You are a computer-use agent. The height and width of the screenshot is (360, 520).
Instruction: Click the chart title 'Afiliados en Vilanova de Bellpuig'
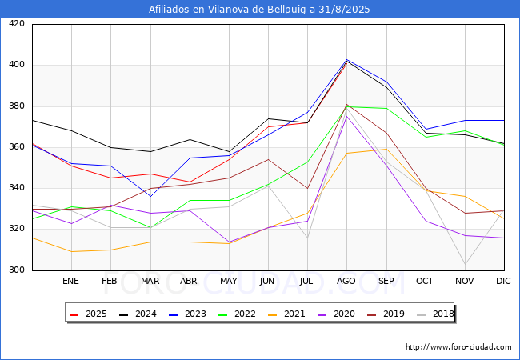tap(259, 10)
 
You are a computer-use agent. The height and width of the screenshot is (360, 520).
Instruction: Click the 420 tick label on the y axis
tap(17, 24)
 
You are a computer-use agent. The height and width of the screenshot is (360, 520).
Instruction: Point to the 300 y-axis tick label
tap(17, 270)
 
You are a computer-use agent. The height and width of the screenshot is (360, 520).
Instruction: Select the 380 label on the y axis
tap(17, 106)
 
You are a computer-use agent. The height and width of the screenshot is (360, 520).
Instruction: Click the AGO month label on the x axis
tap(346, 282)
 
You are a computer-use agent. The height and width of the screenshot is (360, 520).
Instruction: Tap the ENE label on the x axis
tap(70, 282)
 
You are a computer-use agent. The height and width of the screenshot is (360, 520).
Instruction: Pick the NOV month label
tap(464, 282)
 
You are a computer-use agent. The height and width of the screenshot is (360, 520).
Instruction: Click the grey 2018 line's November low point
tap(465, 264)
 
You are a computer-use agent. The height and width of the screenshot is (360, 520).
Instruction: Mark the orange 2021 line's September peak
tap(386, 149)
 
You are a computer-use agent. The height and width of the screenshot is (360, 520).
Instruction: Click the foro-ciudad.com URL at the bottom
tap(458, 347)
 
